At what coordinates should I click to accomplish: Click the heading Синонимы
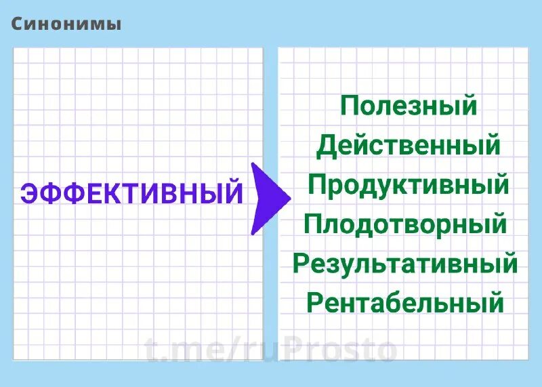click(66, 24)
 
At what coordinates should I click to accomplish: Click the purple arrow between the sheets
click(268, 199)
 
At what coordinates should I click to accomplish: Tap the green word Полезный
click(409, 106)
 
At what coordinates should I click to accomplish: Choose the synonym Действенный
click(408, 145)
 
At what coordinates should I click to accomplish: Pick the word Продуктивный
click(408, 184)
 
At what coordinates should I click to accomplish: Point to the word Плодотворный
click(405, 224)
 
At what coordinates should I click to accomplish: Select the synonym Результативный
click(405, 263)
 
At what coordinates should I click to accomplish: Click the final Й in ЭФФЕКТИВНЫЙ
click(232, 192)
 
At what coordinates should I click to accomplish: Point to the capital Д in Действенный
click(327, 146)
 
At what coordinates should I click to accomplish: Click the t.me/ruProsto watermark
click(271, 350)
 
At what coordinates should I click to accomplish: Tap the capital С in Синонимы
click(18, 24)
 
